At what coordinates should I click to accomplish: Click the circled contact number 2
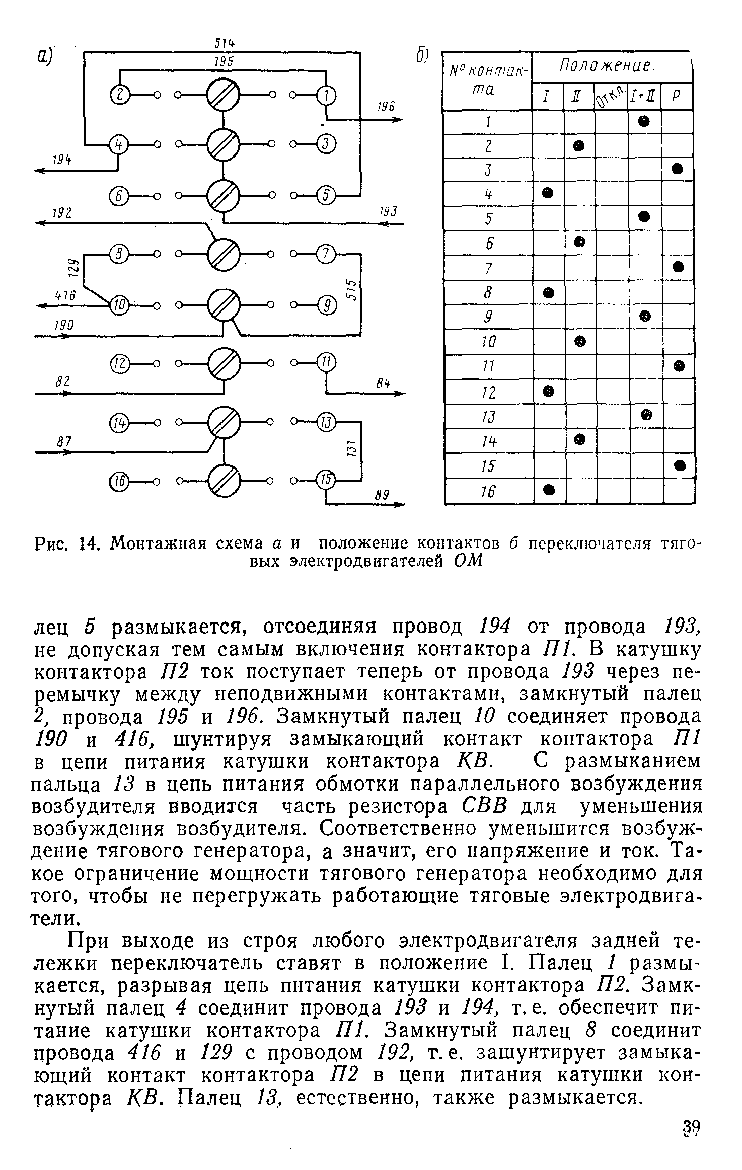click(x=118, y=95)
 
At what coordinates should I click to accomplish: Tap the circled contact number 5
click(x=326, y=195)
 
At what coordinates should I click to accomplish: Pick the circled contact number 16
click(x=118, y=482)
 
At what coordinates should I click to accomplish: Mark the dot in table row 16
click(x=549, y=489)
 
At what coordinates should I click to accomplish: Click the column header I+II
click(x=645, y=96)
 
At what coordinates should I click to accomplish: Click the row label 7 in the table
click(x=487, y=269)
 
